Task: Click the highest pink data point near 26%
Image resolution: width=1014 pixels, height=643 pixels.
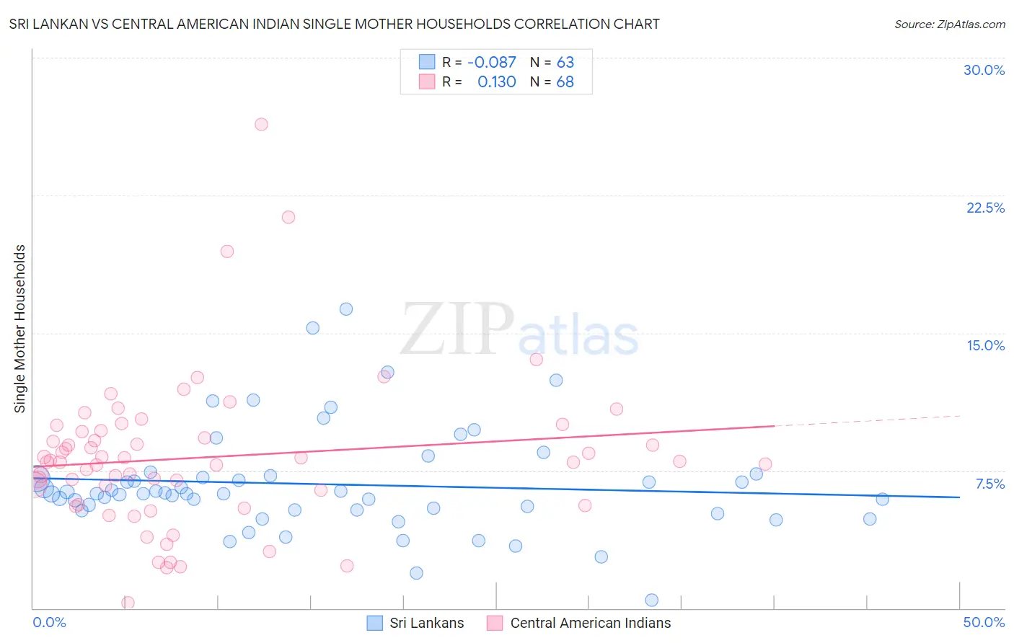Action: (261, 124)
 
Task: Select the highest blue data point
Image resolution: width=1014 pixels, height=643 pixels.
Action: (346, 309)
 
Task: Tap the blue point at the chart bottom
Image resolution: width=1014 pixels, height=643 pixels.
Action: (652, 600)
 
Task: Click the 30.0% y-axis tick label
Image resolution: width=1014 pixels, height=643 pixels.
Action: (984, 70)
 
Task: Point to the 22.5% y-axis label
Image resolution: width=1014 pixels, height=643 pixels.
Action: (985, 208)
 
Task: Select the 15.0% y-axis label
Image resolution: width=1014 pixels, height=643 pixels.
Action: (985, 345)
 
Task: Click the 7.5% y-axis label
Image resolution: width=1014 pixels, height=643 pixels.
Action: (989, 484)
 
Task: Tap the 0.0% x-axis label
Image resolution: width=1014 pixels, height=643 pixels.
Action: (49, 622)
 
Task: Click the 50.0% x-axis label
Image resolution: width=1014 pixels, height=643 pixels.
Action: (984, 622)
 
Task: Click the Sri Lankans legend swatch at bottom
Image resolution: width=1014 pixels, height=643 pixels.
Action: (375, 623)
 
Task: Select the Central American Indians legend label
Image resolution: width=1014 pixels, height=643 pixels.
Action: (590, 623)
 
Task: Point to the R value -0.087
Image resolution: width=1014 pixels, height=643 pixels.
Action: (492, 63)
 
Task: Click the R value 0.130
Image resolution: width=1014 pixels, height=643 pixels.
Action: (497, 82)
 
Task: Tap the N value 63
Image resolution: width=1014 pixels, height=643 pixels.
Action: (565, 63)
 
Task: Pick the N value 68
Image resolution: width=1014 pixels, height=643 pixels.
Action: (565, 82)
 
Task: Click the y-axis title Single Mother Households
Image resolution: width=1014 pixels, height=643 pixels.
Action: (20, 329)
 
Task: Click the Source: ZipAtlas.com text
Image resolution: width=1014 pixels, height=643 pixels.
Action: (949, 25)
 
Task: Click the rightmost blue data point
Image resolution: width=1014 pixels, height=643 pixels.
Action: (882, 499)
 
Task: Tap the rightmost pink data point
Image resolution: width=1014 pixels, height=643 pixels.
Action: (765, 464)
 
